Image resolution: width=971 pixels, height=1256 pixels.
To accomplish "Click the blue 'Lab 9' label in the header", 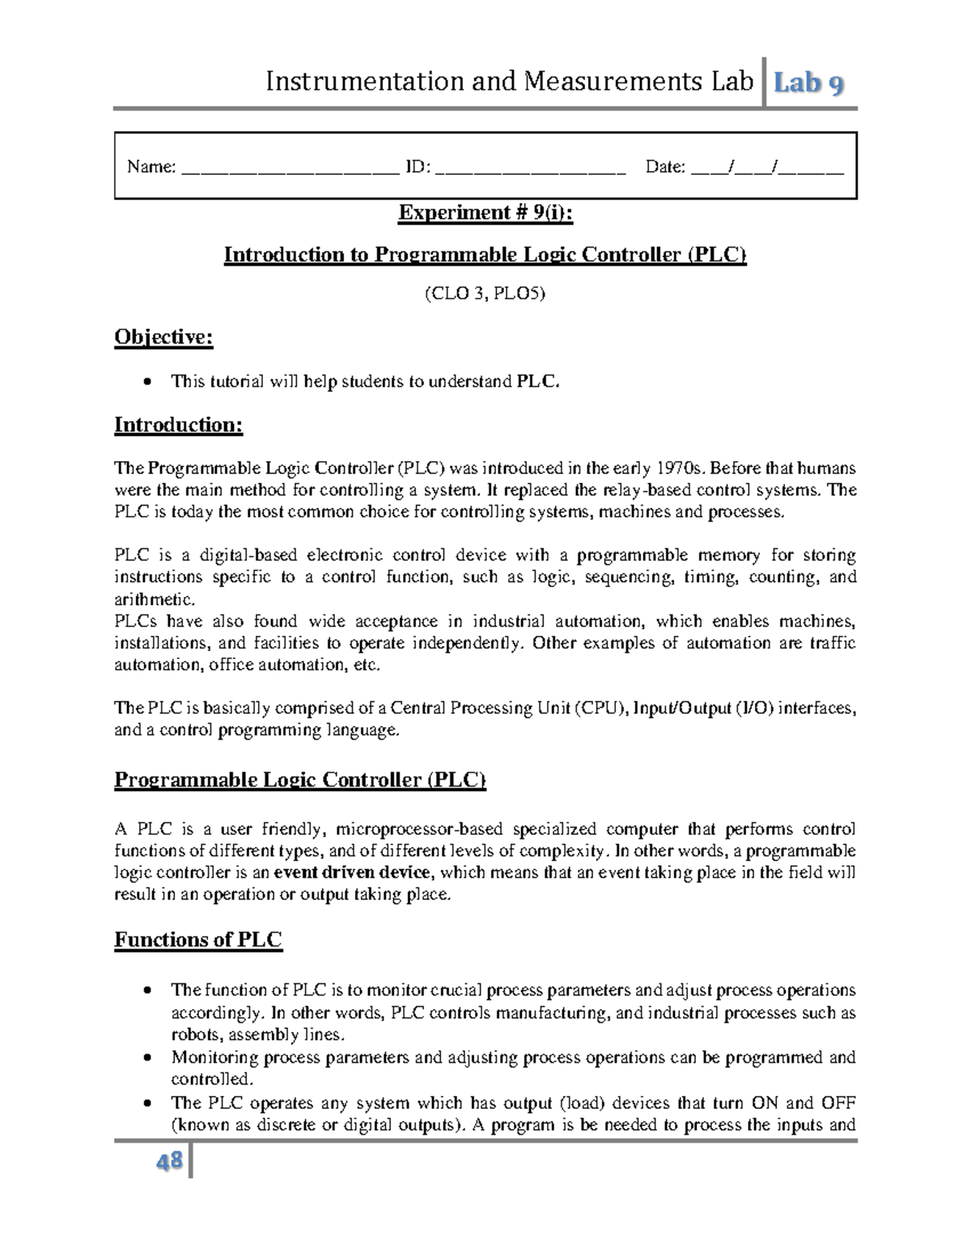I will click(x=810, y=82).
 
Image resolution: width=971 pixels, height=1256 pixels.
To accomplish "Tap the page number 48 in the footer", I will click(x=170, y=1162).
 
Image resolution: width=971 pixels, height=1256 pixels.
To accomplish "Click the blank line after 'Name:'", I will click(x=290, y=169).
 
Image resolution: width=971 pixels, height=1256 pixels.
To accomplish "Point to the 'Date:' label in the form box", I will click(x=665, y=167).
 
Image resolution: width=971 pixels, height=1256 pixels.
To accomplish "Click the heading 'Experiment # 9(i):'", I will click(x=485, y=213).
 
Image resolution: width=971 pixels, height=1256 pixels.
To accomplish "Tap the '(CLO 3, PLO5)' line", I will click(x=485, y=294).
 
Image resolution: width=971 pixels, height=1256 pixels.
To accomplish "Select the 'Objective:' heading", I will click(x=163, y=336).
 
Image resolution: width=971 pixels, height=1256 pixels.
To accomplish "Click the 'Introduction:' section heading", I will click(x=178, y=425).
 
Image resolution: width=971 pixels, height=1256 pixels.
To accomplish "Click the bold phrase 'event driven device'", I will click(x=354, y=873).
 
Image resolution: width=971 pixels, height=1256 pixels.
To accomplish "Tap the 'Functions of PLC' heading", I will click(x=198, y=940).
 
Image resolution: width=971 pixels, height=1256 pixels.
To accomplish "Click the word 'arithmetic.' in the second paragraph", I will click(x=155, y=599).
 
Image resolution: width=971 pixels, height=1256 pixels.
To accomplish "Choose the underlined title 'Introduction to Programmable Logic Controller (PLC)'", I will click(x=485, y=255).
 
